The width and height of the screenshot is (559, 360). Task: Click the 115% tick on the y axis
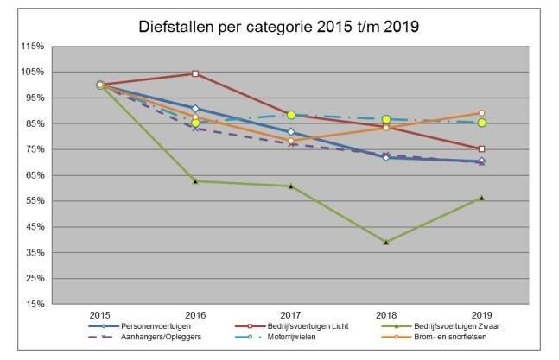(33, 46)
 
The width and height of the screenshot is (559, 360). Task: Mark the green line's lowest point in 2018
(386, 243)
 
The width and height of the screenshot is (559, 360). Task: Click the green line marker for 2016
(195, 181)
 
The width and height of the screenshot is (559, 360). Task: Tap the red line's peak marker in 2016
(195, 73)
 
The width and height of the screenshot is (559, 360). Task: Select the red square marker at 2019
(481, 148)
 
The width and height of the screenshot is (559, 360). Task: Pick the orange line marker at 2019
(481, 113)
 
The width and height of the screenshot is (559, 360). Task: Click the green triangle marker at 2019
(481, 198)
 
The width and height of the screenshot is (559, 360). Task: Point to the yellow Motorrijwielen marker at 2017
(291, 115)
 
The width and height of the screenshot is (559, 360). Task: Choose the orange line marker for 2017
(291, 141)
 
